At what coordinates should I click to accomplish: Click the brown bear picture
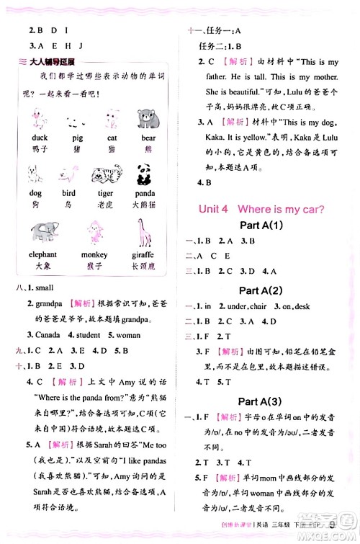coord(147,119)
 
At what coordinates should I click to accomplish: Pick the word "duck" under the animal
coord(40,137)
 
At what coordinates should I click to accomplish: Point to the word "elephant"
coord(43,254)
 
